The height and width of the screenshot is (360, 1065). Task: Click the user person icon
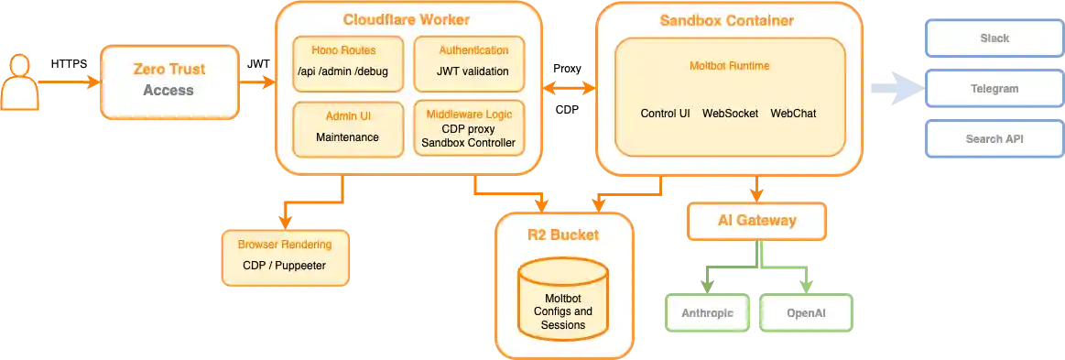coord(19,82)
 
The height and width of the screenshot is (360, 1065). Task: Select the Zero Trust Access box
coord(168,81)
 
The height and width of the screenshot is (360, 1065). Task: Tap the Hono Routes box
coord(343,62)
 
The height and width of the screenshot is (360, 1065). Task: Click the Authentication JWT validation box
coord(473,62)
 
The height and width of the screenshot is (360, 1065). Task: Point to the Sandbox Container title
coord(727,19)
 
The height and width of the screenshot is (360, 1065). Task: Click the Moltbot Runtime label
coord(729,66)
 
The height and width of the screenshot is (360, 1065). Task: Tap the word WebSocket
coord(730,114)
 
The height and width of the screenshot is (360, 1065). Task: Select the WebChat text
coord(793,114)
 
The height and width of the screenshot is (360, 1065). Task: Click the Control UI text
coord(665,114)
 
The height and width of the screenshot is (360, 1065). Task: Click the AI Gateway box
coord(756,220)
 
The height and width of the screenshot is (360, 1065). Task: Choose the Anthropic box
coord(706,313)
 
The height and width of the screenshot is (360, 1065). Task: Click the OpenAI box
coord(807,313)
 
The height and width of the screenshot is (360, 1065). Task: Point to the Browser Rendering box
coord(284,256)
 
